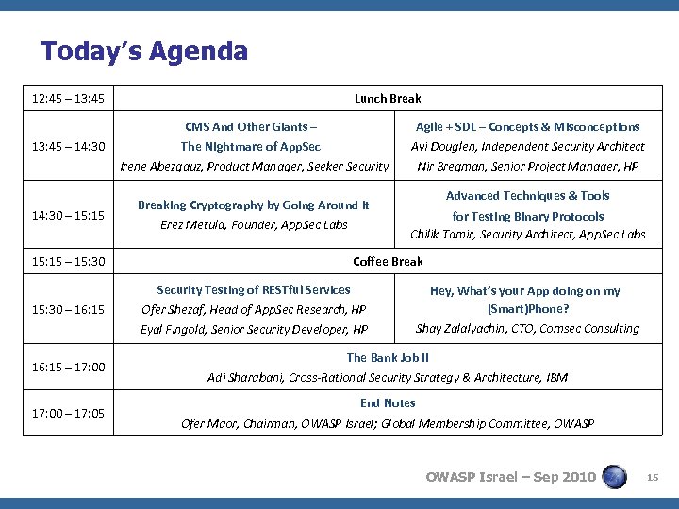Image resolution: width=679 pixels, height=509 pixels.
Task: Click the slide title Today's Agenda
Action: [144, 51]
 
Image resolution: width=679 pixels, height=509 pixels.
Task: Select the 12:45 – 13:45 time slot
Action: [68, 98]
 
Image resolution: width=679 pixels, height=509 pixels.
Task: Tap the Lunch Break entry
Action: [388, 98]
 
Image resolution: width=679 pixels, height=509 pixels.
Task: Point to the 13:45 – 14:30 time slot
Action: [68, 146]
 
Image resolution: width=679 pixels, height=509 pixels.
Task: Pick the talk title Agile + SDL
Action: [527, 126]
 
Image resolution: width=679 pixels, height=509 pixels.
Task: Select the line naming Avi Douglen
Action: [527, 146]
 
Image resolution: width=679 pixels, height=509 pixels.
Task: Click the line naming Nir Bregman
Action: [527, 167]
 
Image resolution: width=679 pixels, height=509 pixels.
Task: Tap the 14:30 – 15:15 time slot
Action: [68, 216]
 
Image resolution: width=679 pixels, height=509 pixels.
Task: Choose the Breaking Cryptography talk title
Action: [253, 205]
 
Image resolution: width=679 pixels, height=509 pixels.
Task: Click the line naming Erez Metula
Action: [254, 224]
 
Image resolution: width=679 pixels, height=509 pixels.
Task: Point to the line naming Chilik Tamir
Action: [527, 235]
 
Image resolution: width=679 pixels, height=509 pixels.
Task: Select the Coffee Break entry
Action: [388, 261]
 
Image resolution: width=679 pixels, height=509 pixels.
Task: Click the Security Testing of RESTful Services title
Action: [253, 290]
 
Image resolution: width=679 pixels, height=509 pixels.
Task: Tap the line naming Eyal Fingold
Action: [254, 330]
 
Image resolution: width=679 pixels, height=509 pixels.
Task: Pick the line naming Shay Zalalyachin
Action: [527, 328]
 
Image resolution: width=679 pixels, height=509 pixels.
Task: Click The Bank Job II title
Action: [388, 357]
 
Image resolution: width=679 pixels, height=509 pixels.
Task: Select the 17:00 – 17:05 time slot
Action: [68, 413]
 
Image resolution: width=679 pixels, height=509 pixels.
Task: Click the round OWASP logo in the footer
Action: [614, 476]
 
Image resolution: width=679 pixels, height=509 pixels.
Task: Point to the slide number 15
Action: [652, 477]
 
